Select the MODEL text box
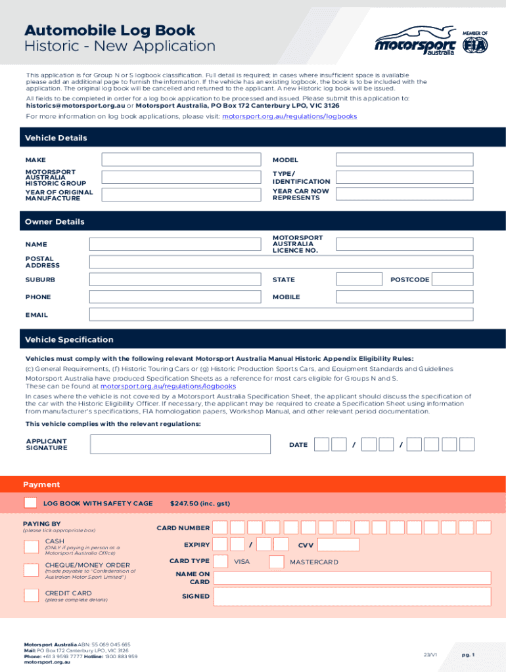tap(403, 159)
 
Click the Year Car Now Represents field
tap(403, 194)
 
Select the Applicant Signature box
tap(180, 444)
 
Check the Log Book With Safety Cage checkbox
tap(30, 503)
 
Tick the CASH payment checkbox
tap(31, 547)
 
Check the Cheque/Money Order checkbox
tap(31, 570)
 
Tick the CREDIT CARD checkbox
tap(31, 595)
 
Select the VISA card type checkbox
tap(220, 562)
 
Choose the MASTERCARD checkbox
tap(277, 562)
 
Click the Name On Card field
tap(352, 577)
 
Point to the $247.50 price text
tap(200, 503)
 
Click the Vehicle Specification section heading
tap(69, 339)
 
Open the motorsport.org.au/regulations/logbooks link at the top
tap(289, 116)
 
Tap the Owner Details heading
tap(55, 222)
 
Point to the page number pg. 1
tap(468, 655)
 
